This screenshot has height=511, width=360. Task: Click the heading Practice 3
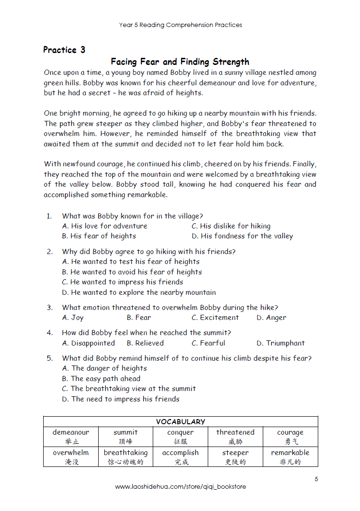point(64,50)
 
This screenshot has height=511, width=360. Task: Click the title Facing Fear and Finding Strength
point(180,62)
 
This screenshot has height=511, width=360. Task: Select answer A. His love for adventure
point(105,226)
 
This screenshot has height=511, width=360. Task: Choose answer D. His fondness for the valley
point(242,236)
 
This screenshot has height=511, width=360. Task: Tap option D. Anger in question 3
point(271,318)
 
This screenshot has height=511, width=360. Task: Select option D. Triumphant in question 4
point(281,343)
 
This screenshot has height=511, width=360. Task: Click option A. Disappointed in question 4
point(89,343)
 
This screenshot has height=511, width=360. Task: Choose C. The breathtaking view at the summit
point(129,389)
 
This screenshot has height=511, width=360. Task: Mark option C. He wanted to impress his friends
point(122,282)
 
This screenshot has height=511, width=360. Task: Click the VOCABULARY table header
point(180,421)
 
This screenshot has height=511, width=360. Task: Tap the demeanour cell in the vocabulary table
point(71,437)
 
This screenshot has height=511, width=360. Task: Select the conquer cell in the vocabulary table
point(180,437)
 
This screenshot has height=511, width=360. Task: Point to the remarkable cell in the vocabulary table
point(290,457)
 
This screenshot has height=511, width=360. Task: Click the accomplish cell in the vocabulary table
point(180,457)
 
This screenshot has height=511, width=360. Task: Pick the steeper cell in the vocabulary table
point(235,457)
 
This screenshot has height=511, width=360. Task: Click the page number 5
point(316,479)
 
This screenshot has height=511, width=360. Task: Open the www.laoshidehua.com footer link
point(180,487)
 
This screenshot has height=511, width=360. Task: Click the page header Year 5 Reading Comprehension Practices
point(180,25)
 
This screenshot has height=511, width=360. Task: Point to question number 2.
point(49,252)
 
